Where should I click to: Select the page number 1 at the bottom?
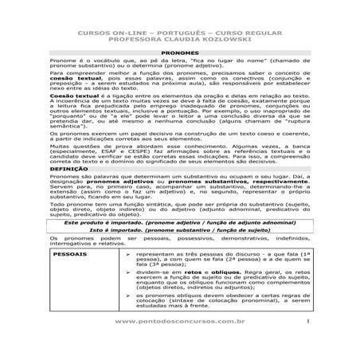coord(306,342)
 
